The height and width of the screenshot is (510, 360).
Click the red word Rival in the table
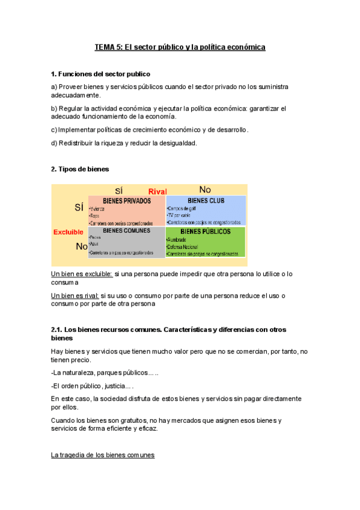(157, 191)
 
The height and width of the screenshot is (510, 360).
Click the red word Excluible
(69, 232)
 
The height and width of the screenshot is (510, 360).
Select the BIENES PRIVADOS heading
(127, 201)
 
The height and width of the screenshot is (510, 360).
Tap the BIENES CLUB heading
(206, 201)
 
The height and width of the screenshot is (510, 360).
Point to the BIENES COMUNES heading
(126, 230)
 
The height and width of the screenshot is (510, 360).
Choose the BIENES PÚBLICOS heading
(206, 231)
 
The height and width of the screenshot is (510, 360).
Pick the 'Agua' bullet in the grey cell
(95, 245)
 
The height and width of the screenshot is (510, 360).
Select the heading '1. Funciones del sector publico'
(100, 74)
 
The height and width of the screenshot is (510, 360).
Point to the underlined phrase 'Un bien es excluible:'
(82, 274)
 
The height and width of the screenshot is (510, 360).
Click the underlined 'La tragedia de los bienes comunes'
(103, 455)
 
